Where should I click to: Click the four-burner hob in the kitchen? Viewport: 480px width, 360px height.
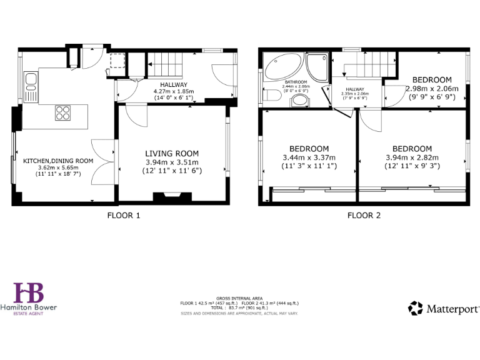tap(63, 112)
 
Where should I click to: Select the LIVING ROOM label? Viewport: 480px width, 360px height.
tap(172, 153)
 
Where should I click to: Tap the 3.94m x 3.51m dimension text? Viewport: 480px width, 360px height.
tap(172, 162)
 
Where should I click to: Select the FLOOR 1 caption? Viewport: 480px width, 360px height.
tap(123, 216)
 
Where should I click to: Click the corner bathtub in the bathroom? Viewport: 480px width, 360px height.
tap(281, 66)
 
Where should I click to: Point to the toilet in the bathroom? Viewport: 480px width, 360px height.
tap(271, 97)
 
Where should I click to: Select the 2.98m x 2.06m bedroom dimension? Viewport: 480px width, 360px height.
tap(432, 89)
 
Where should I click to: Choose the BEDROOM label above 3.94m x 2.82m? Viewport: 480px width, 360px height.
tap(412, 149)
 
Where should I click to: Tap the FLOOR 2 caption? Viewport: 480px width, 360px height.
tap(363, 216)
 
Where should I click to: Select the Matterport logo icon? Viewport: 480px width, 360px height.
tap(416, 308)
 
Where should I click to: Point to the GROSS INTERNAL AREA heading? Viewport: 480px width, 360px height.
tap(239, 298)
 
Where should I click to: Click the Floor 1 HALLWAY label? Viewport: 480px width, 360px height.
tap(173, 84)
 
